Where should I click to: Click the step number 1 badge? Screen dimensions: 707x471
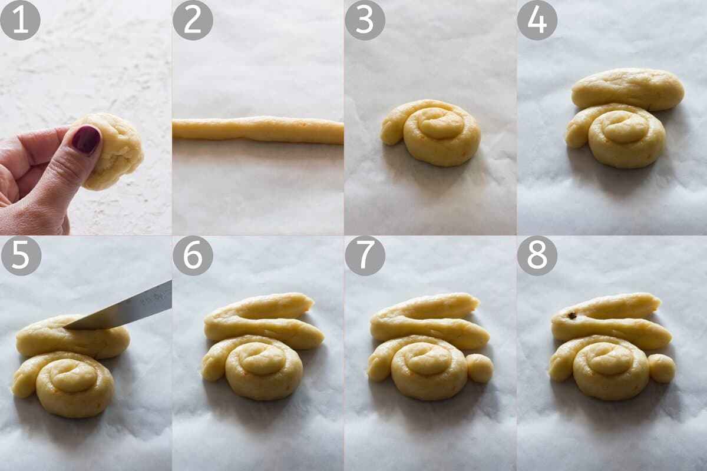pos(21,20)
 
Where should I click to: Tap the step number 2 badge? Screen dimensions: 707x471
pos(193,20)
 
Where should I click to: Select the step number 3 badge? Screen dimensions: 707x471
pos(365,20)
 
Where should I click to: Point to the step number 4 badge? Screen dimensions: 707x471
pos(537,20)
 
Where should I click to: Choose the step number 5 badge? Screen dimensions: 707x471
pos(21,256)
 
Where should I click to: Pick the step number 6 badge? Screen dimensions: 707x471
pos(193,256)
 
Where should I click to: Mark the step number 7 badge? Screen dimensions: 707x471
pos(365,256)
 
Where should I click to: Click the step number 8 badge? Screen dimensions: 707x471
pos(537,256)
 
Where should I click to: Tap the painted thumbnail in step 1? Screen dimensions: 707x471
pos(86,140)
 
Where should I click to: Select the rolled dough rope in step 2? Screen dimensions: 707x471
pos(258,130)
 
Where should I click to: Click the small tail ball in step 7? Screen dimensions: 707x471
pos(480,368)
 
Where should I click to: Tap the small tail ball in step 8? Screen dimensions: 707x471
pos(662,368)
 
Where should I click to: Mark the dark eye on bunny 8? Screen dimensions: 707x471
pos(571,315)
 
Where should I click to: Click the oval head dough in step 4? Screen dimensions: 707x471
pos(628,89)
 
